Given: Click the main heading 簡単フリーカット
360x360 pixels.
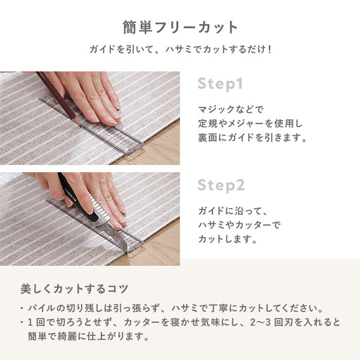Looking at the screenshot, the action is point(180,28).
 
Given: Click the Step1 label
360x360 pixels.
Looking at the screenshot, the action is point(220,84).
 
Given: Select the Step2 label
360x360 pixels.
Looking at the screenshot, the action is point(221,185).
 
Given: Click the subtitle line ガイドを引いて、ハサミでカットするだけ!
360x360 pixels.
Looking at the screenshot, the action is point(180,49).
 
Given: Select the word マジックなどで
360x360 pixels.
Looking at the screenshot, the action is point(231,110).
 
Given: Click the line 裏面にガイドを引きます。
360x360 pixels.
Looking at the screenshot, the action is point(253,138).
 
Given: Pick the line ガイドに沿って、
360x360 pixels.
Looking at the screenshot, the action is point(233,211).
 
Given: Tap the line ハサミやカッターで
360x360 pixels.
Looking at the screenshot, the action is point(239,225).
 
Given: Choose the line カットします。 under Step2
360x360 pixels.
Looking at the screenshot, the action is point(227,239).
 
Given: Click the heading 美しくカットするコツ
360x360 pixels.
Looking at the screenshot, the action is point(74,289).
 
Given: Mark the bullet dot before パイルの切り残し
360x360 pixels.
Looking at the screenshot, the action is point(22,308).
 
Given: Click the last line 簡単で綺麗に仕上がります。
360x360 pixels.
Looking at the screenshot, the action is point(89,337).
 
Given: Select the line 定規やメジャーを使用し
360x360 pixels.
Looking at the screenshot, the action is point(250,124).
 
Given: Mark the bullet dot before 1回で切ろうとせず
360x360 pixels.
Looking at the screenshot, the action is point(22,322).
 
